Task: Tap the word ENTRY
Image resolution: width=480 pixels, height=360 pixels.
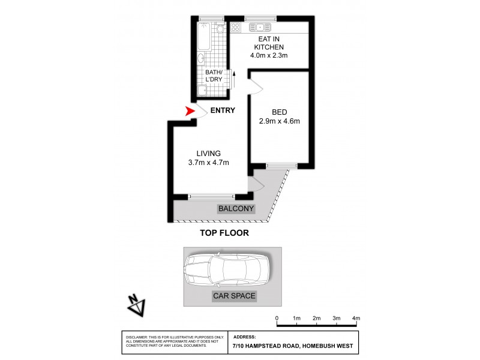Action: click(222, 110)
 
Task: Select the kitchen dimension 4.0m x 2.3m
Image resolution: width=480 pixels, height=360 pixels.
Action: click(269, 56)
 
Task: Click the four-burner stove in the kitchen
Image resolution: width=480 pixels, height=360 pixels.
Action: click(236, 27)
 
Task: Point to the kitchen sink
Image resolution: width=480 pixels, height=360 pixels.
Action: click(260, 27)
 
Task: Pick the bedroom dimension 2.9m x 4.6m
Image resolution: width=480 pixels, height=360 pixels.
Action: click(280, 121)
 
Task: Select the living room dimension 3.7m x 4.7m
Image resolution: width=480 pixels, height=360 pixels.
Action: click(208, 162)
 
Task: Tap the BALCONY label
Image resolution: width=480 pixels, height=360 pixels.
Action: click(236, 209)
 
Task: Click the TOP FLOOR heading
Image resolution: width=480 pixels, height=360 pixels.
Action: click(224, 233)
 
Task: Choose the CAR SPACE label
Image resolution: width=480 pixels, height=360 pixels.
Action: click(234, 296)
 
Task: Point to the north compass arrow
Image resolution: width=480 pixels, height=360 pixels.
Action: click(136, 305)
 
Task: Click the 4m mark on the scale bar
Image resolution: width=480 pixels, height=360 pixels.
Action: click(356, 318)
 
